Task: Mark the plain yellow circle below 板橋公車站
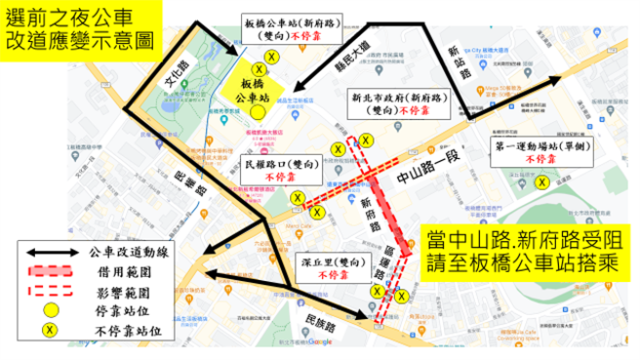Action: [x=257, y=112]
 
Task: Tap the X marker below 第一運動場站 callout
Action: [x=541, y=180]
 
